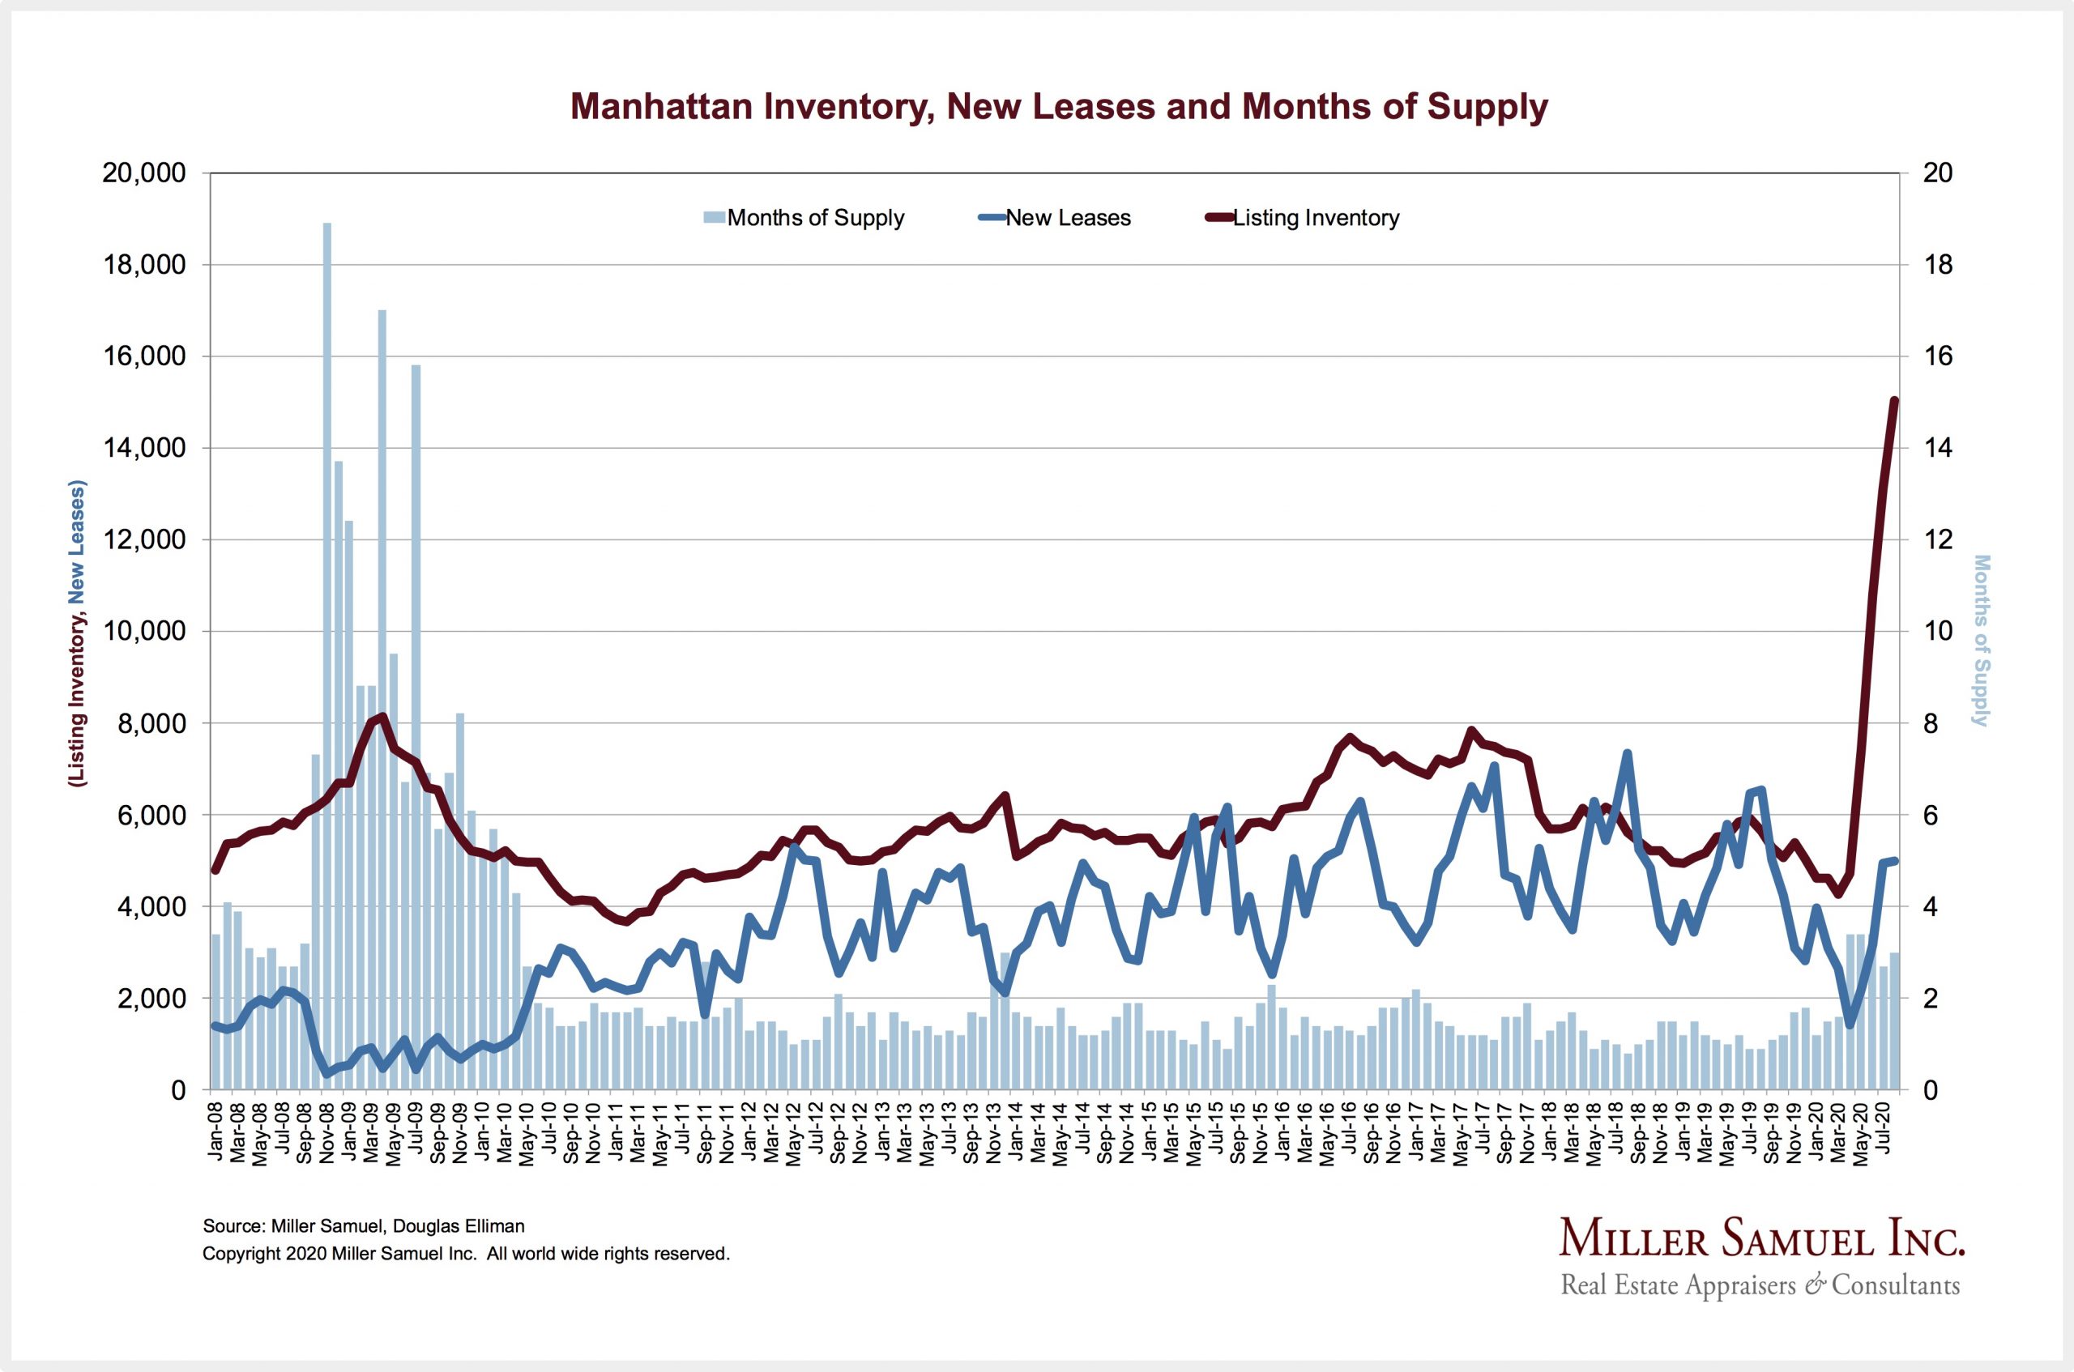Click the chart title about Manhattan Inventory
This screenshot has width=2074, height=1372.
(1059, 107)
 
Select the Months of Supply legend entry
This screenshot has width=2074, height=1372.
(815, 218)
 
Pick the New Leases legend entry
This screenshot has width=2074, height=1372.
(1068, 218)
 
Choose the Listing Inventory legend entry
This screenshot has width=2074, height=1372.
(1315, 218)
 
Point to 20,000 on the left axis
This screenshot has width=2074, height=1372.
(144, 173)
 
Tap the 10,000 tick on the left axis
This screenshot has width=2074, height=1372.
(144, 632)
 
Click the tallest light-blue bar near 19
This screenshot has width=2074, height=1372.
(327, 656)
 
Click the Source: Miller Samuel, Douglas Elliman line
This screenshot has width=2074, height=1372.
(363, 1226)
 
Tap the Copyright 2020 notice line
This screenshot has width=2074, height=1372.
(466, 1254)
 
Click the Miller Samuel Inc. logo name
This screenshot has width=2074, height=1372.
(1761, 1241)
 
